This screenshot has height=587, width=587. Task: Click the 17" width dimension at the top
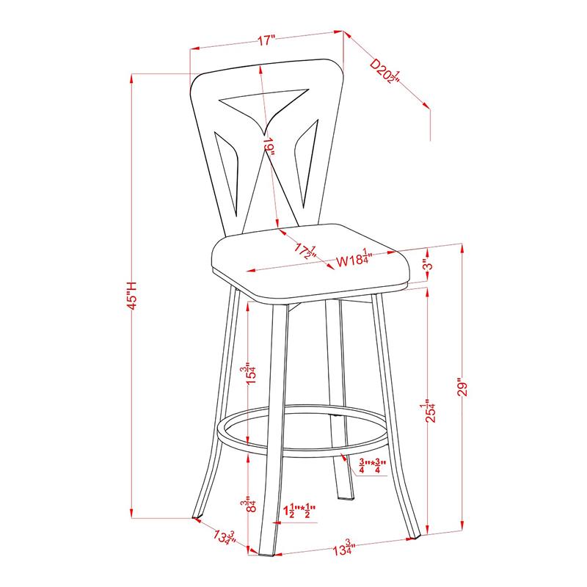(x=266, y=40)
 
